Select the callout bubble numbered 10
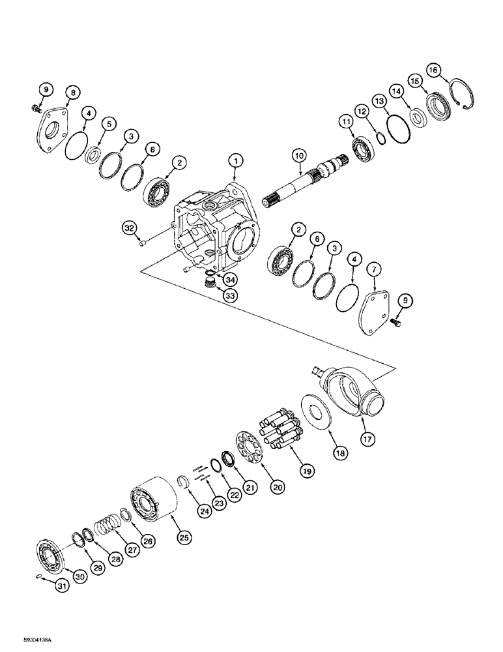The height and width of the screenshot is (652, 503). pos(298,156)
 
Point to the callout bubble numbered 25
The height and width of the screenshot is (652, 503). pos(184,537)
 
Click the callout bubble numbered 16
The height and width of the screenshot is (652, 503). pos(433,70)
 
